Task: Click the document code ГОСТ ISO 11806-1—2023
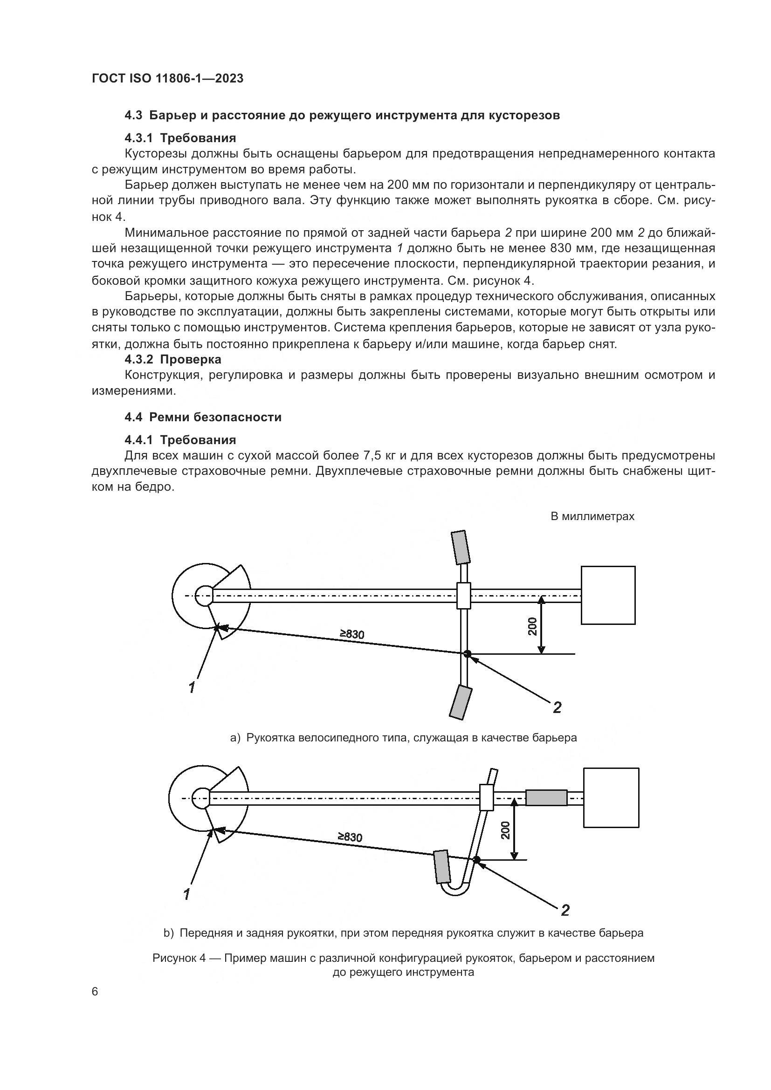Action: (x=167, y=79)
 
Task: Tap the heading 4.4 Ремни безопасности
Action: (x=203, y=417)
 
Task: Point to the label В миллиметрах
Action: (x=592, y=516)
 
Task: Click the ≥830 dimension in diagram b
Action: (x=350, y=836)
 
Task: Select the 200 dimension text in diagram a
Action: (x=532, y=626)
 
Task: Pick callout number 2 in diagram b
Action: (x=565, y=910)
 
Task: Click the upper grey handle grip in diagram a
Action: (x=460, y=548)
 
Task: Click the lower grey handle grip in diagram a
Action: (x=460, y=701)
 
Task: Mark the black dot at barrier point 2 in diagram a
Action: (x=467, y=654)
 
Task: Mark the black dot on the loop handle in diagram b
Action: (x=477, y=860)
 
